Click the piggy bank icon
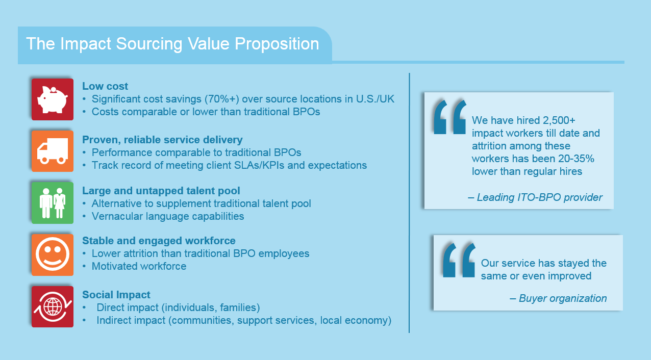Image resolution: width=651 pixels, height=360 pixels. click(53, 99)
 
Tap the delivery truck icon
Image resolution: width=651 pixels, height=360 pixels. click(53, 151)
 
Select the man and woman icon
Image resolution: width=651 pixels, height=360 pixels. click(53, 203)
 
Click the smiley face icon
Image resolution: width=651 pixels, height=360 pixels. click(53, 254)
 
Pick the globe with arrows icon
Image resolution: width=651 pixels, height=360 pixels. click(53, 307)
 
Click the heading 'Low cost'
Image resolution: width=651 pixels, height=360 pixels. click(105, 86)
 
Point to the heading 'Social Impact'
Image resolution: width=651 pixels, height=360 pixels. click(116, 295)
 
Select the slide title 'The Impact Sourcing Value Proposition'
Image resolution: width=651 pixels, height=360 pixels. click(172, 44)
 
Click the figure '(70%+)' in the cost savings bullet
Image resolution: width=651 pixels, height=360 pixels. click(222, 99)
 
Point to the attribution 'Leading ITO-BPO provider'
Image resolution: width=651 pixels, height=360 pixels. click(535, 197)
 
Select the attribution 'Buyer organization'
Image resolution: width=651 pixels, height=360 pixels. click(558, 298)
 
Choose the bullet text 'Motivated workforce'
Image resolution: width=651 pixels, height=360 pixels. click(139, 267)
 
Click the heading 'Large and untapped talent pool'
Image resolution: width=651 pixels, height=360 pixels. click(161, 191)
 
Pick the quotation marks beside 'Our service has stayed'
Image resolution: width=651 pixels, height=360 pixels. click(459, 260)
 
